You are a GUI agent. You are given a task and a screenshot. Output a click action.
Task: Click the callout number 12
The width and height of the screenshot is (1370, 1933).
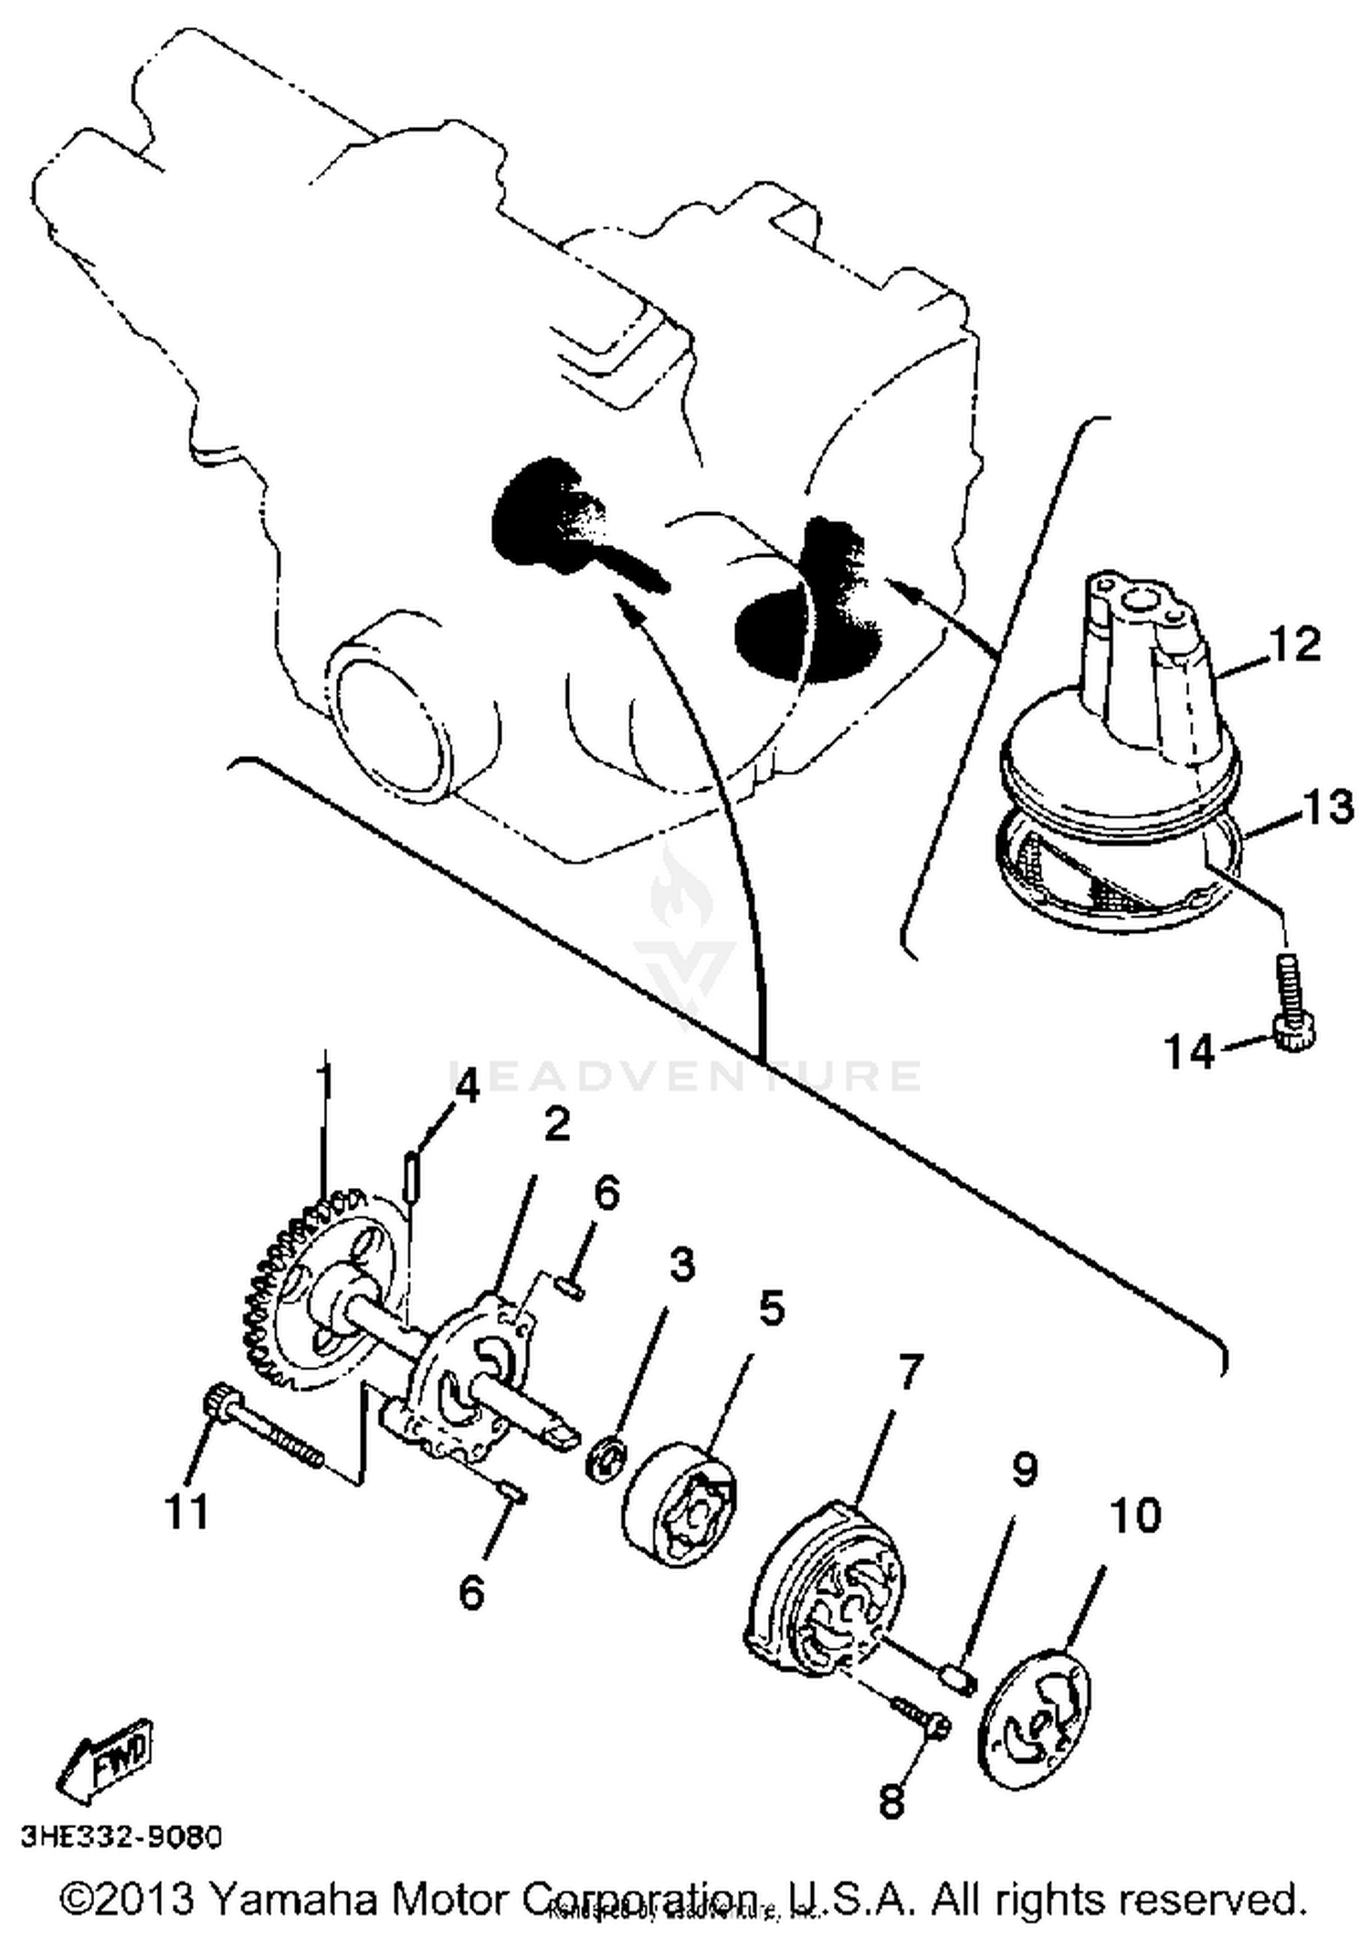point(1293,645)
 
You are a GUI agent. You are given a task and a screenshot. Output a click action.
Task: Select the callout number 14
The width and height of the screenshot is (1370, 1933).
point(1190,1052)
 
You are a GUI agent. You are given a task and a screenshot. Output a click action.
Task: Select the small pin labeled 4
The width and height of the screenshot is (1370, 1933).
point(412,1178)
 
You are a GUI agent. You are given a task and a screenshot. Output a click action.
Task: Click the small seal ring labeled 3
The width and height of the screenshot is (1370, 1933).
point(606,1457)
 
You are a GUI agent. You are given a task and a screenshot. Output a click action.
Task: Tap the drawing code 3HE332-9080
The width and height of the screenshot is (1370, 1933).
point(121,1837)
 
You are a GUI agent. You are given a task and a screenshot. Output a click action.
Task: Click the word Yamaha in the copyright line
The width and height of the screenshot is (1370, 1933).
point(293,1899)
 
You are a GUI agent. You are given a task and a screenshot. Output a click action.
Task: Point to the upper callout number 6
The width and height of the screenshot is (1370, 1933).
point(604,1194)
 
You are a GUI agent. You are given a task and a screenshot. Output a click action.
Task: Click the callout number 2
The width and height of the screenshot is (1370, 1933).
point(556,1125)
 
